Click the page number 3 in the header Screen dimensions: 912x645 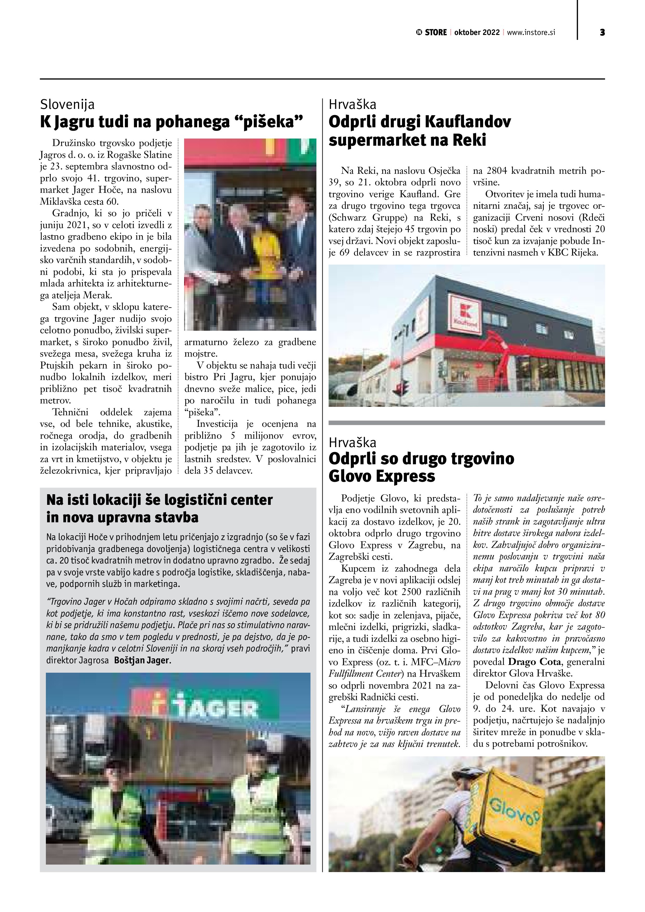[602, 32]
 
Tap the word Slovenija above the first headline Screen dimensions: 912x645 [67, 105]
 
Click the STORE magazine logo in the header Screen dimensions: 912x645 [431, 32]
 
